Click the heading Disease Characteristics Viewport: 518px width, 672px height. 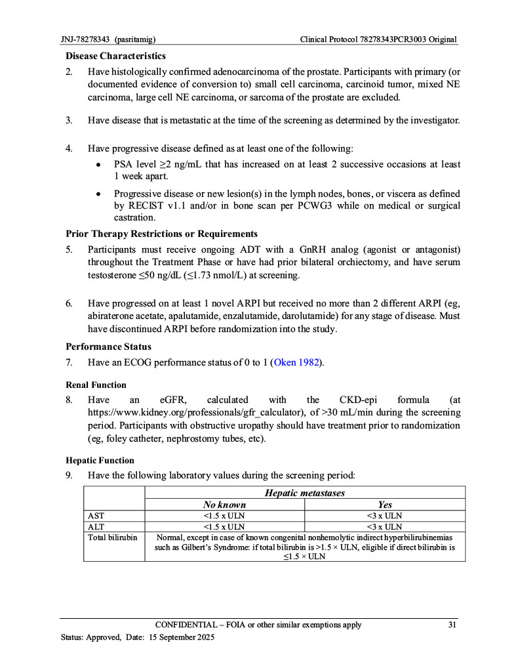(x=115, y=56)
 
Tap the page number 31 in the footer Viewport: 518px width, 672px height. (x=452, y=625)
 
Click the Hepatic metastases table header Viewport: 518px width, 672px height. (x=305, y=493)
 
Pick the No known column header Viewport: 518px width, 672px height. (x=224, y=505)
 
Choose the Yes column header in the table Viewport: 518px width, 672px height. (x=385, y=505)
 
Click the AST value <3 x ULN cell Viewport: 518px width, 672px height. (x=385, y=516)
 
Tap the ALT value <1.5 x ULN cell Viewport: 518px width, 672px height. (x=224, y=526)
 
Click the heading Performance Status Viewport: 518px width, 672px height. (x=108, y=346)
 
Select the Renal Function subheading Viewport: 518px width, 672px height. (x=96, y=385)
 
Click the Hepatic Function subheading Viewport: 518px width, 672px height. (x=99, y=460)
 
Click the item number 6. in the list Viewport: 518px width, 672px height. (x=69, y=304)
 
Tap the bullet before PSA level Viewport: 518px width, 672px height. (x=98, y=165)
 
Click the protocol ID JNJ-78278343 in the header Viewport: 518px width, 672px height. (x=85, y=39)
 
